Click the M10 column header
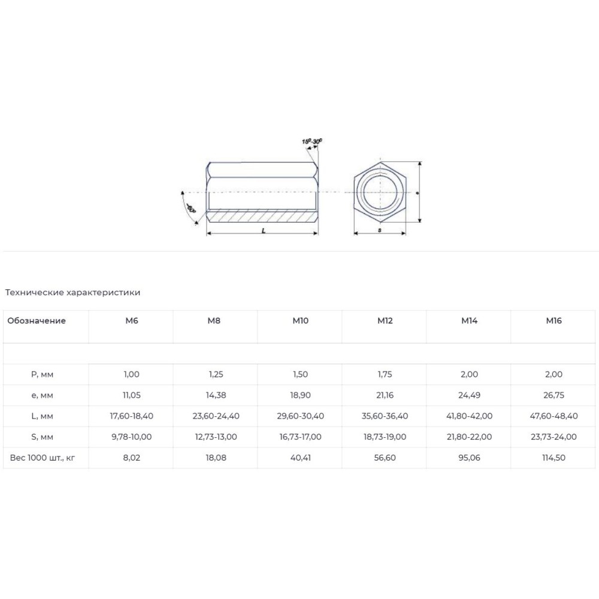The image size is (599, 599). [300, 320]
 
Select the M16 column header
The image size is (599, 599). [553, 320]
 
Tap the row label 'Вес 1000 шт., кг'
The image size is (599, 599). [43, 458]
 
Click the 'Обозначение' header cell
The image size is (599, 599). [37, 320]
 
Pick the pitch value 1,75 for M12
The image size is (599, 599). [385, 374]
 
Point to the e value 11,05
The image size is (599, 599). [131, 395]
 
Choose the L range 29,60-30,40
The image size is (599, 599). [300, 416]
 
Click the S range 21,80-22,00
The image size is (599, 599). [469, 437]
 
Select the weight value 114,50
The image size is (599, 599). [553, 458]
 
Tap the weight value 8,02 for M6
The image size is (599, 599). [131, 458]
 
